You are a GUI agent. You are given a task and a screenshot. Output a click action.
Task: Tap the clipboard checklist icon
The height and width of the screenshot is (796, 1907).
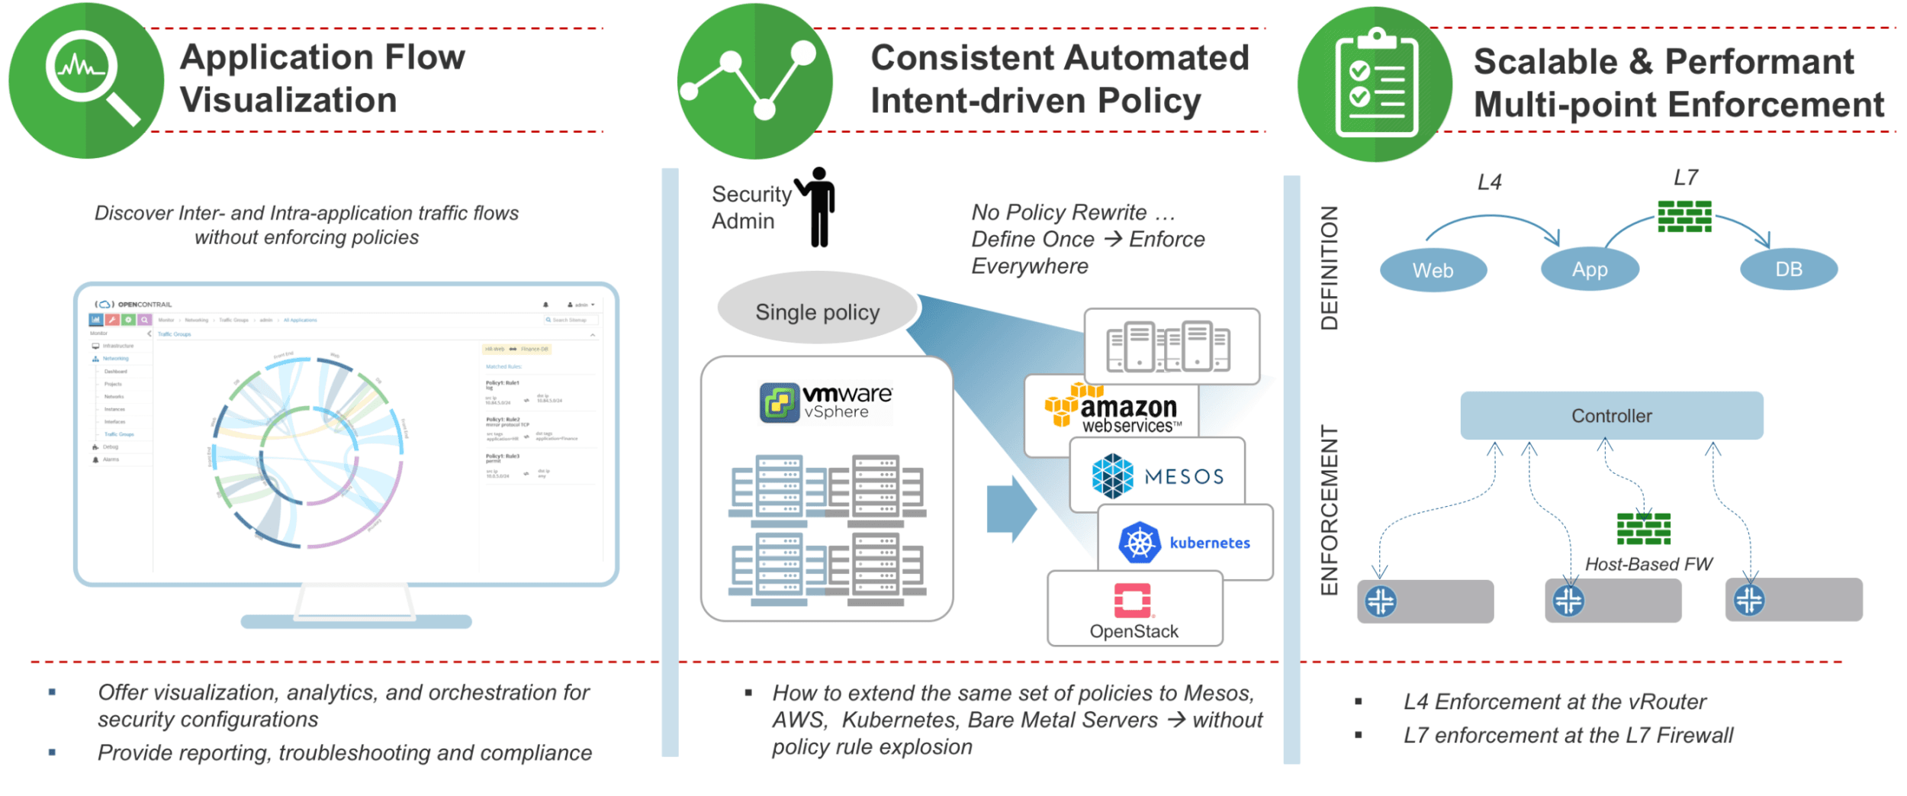pos(1376,84)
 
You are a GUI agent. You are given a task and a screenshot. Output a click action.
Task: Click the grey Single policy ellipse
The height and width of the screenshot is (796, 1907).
pos(818,311)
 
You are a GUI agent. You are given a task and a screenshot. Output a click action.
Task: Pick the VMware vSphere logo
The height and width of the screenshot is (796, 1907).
pos(827,402)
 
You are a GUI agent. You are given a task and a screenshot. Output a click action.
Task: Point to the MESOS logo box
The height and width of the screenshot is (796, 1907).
pos(1157,475)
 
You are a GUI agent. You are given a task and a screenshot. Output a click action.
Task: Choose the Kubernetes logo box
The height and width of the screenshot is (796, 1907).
pos(1185,543)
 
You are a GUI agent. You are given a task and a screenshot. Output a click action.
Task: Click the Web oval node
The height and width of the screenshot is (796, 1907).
pos(1433,270)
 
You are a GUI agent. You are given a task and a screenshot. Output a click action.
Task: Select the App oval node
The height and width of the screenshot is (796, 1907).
pos(1590,269)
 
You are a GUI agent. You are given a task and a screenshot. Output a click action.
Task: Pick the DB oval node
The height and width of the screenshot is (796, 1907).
pos(1788,269)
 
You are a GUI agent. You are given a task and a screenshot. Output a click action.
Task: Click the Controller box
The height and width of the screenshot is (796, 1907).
pos(1611,416)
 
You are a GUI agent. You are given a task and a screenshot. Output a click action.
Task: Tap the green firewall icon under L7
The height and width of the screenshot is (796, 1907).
pos(1684,216)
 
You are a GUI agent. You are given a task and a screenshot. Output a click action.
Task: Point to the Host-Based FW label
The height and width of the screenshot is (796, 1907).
pos(1648,564)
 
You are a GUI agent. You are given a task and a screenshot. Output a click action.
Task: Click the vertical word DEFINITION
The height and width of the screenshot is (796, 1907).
pos(1329,268)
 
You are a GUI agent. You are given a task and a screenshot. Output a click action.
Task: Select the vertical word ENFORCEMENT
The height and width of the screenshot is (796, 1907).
pos(1329,510)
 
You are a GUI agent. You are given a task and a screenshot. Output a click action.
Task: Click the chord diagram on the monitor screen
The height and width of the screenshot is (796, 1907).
pos(307,453)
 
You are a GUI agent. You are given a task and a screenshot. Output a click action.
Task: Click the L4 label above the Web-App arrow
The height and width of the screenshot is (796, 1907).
pos(1489,182)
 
